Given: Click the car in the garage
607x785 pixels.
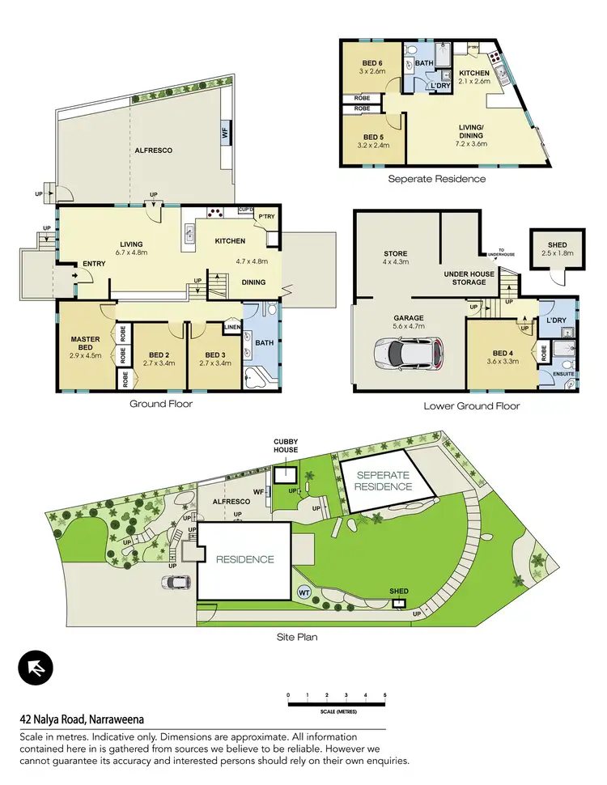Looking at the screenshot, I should tap(409, 353).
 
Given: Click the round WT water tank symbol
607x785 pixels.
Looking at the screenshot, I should tap(305, 592).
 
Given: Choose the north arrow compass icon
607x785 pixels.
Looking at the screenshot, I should tap(36, 668).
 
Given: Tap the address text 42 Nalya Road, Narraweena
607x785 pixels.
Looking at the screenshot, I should tap(82, 719).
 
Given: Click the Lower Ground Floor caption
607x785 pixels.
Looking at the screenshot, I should tap(472, 405).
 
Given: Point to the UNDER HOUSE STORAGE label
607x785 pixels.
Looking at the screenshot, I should tap(469, 278).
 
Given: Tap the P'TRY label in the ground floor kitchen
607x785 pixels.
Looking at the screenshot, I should tap(266, 217).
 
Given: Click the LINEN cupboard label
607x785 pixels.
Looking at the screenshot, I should tap(232, 328).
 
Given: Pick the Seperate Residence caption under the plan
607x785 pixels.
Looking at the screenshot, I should tap(437, 178).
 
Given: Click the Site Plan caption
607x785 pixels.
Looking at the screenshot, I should tap(296, 637).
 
